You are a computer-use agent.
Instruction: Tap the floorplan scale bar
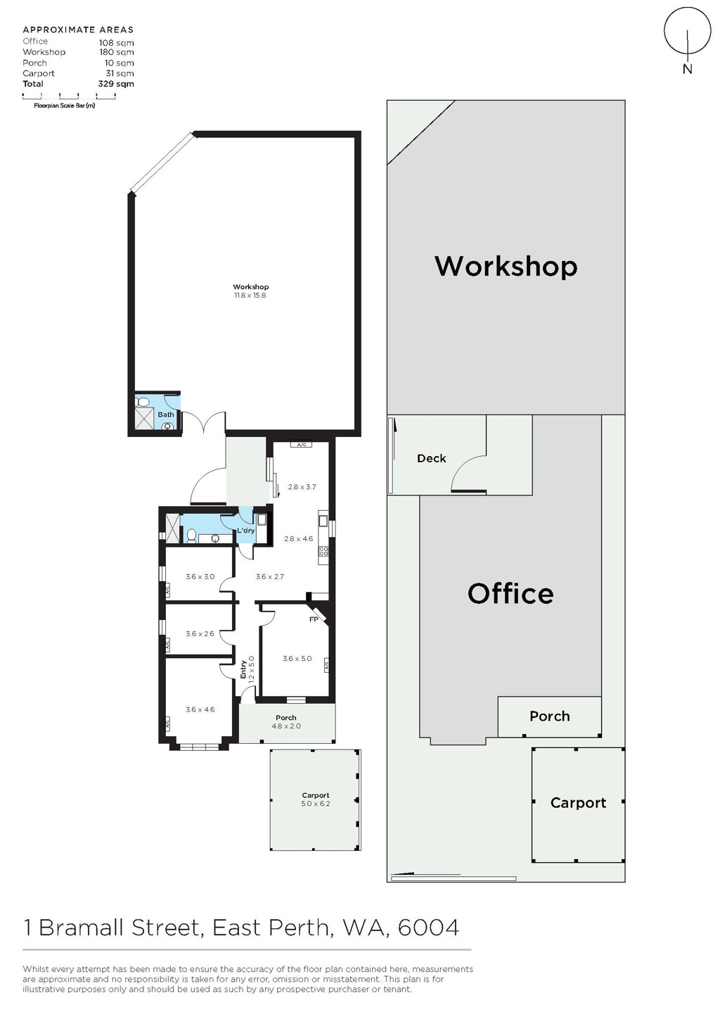point(69,96)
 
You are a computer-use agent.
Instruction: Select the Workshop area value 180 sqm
point(117,52)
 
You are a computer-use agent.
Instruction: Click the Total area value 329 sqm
point(116,84)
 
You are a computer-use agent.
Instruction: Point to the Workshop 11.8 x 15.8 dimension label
point(250,291)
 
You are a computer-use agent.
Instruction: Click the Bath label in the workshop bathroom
point(166,414)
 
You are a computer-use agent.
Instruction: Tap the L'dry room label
point(246,531)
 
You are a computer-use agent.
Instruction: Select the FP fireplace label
point(314,619)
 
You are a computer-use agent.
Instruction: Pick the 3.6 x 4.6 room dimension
point(200,709)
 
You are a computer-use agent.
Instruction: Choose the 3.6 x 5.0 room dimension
point(297,658)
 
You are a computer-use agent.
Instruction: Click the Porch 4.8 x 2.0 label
point(286,722)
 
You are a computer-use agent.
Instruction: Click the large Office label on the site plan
point(510,594)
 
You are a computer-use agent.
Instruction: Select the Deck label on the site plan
point(431,459)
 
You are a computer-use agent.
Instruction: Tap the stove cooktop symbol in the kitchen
point(323,552)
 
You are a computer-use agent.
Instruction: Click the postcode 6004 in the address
point(428,928)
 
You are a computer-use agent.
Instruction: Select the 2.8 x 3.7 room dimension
point(302,487)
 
